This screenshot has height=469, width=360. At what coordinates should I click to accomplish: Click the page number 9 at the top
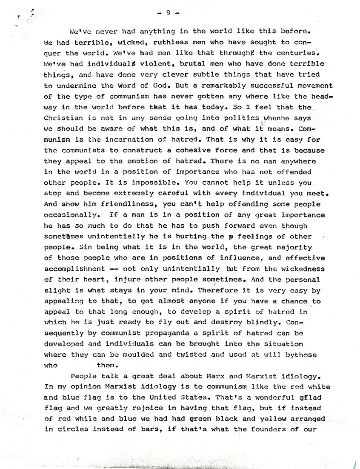[x=168, y=13]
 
